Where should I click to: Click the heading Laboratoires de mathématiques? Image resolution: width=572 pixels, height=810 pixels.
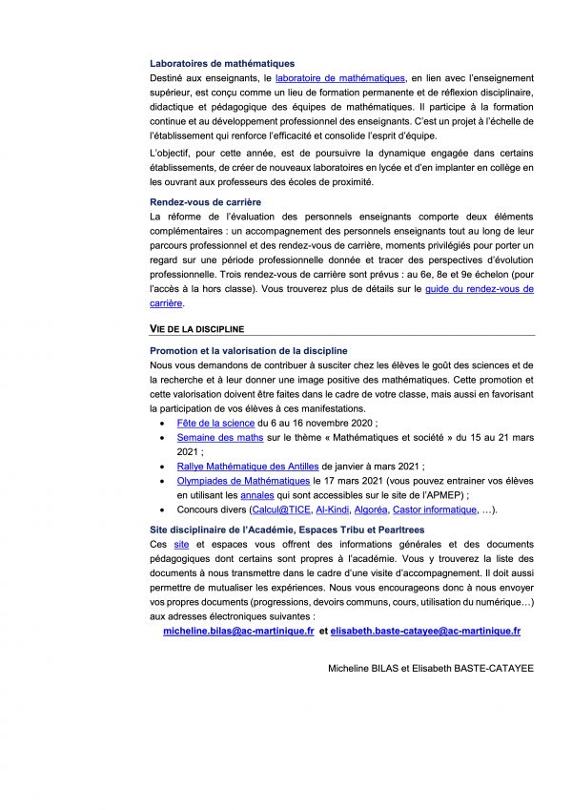pyautogui.click(x=222, y=64)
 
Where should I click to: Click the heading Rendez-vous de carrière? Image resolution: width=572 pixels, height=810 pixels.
pyautogui.click(x=205, y=202)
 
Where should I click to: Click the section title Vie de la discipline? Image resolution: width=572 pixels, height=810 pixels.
pyautogui.click(x=196, y=328)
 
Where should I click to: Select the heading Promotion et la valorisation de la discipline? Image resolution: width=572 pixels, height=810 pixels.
pyautogui.click(x=249, y=351)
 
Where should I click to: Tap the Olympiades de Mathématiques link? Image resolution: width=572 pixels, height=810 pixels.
pyautogui.click(x=243, y=481)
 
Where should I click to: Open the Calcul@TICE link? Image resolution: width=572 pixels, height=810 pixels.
pyautogui.click(x=277, y=510)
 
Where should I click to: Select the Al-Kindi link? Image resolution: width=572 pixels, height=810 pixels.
pyautogui.click(x=332, y=510)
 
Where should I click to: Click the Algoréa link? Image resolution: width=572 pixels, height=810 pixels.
pyautogui.click(x=371, y=510)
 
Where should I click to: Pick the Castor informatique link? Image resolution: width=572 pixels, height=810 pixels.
pyautogui.click(x=436, y=510)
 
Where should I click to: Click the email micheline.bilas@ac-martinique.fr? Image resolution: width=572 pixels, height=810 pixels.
pyautogui.click(x=238, y=632)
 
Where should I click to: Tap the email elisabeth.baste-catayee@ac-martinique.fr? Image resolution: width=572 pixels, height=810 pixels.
pyautogui.click(x=425, y=632)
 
